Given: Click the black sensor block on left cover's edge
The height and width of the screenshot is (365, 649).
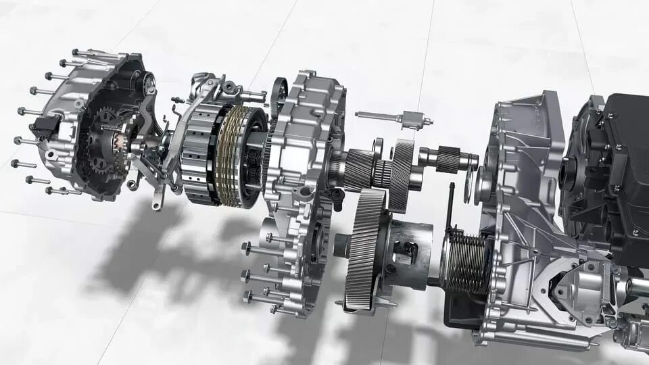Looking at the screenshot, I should point(46,128).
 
